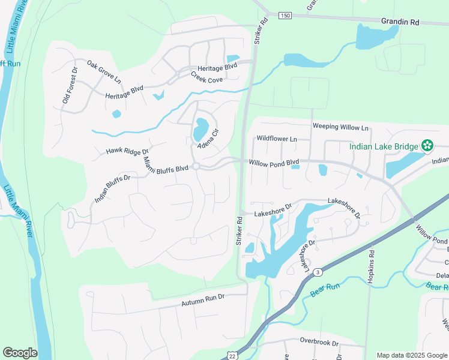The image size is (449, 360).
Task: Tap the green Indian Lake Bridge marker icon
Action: (x=427, y=145)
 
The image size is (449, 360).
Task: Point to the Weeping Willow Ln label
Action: (x=340, y=127)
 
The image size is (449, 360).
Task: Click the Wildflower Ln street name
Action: (x=277, y=139)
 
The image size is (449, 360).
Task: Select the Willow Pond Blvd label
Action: (x=274, y=162)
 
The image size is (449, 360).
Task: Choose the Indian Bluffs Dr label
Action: (x=112, y=188)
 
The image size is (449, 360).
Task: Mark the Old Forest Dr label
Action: (x=70, y=85)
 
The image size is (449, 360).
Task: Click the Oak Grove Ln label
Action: (x=104, y=71)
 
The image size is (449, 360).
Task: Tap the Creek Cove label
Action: (x=207, y=77)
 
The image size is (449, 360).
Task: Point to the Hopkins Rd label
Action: (x=371, y=266)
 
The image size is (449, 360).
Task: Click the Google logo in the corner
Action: (x=20, y=353)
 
